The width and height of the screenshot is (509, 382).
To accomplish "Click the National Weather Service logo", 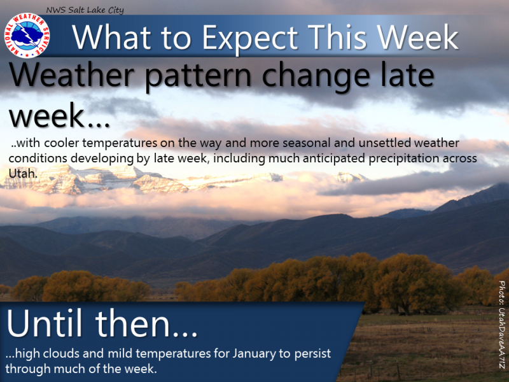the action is coord(27,36).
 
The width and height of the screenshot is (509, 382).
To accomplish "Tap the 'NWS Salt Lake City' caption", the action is coord(85,10).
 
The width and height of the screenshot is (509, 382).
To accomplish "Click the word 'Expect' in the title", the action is coord(250,38).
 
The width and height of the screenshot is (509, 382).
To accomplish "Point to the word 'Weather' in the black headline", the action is coord(71,74).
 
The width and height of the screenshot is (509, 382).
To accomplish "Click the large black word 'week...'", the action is coord(59,115).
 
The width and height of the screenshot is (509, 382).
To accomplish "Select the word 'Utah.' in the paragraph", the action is coord(23,173).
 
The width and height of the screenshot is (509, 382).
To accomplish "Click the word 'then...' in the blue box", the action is coord(146,323).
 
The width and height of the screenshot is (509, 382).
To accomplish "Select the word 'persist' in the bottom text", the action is coord(312,354).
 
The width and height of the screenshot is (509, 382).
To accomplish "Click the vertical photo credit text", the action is coord(501,325).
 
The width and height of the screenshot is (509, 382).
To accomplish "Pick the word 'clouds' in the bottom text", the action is coord(61,353).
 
